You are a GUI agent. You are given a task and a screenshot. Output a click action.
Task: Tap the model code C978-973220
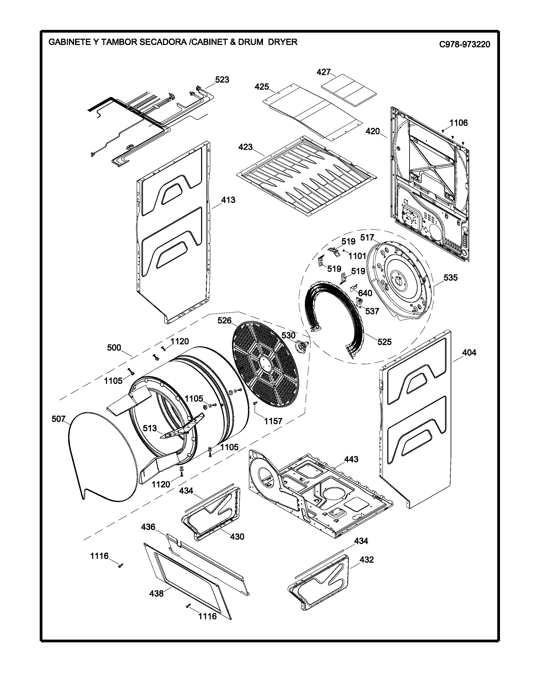[x=465, y=45]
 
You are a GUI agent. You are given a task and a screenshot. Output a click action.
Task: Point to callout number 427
[x=323, y=72]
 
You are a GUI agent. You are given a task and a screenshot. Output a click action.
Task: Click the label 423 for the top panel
[x=245, y=147]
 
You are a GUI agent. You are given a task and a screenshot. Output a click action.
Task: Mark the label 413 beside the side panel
[x=228, y=200]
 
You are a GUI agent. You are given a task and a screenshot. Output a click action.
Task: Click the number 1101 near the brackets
[x=357, y=256]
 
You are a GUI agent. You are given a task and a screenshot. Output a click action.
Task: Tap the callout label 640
[x=365, y=293]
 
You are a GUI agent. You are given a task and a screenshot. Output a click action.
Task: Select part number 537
[x=372, y=311]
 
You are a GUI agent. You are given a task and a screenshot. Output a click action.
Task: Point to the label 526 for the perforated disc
[x=224, y=321]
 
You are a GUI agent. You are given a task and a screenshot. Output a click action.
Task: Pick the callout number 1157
[x=273, y=421]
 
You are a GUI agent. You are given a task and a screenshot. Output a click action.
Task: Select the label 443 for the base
[x=351, y=459]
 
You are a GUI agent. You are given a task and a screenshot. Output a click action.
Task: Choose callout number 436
[x=148, y=527]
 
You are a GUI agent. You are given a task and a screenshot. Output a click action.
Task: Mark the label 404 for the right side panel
[x=469, y=352]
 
